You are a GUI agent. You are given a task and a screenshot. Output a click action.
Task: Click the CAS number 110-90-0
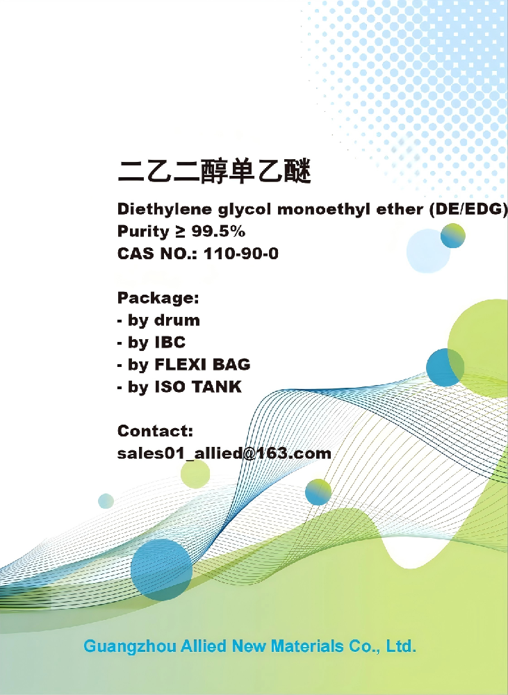pyautogui.click(x=240, y=254)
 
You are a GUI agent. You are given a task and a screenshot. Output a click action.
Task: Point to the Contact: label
pyautogui.click(x=155, y=431)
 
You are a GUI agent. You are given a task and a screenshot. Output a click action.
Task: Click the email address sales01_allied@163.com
pyautogui.click(x=224, y=454)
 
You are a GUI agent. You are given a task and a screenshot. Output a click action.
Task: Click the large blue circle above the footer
pyautogui.click(x=161, y=569)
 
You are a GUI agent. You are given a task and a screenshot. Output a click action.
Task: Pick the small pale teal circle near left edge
pyautogui.click(x=106, y=500)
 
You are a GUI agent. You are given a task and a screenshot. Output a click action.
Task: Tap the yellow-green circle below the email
pyautogui.click(x=195, y=474)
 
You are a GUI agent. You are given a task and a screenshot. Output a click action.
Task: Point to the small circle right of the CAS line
pyautogui.click(x=453, y=236)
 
